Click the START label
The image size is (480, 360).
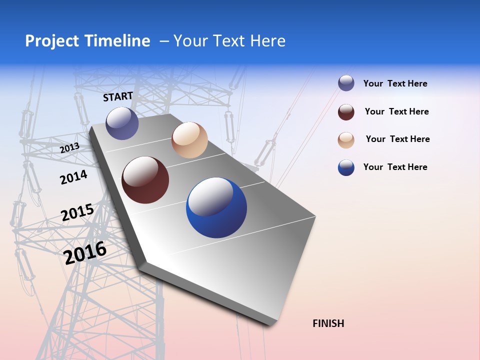tap(118, 96)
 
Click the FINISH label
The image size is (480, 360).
tap(328, 323)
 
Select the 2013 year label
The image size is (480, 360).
tap(70, 148)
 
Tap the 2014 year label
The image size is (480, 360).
tap(73, 177)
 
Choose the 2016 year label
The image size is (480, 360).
tap(85, 253)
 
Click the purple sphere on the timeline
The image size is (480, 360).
tap(122, 123)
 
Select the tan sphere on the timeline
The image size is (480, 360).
tap(189, 140)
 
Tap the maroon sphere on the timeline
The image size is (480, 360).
tap(145, 180)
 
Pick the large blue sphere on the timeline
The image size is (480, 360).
tap(216, 206)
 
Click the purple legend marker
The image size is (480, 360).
tap(346, 83)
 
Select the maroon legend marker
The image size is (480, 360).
tap(346, 112)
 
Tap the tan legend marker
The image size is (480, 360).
tap(346, 140)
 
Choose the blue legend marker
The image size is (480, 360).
tap(346, 168)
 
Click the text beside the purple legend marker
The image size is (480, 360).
tap(395, 84)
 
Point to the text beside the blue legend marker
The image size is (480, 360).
tap(395, 167)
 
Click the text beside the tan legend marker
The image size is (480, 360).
tap(397, 139)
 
